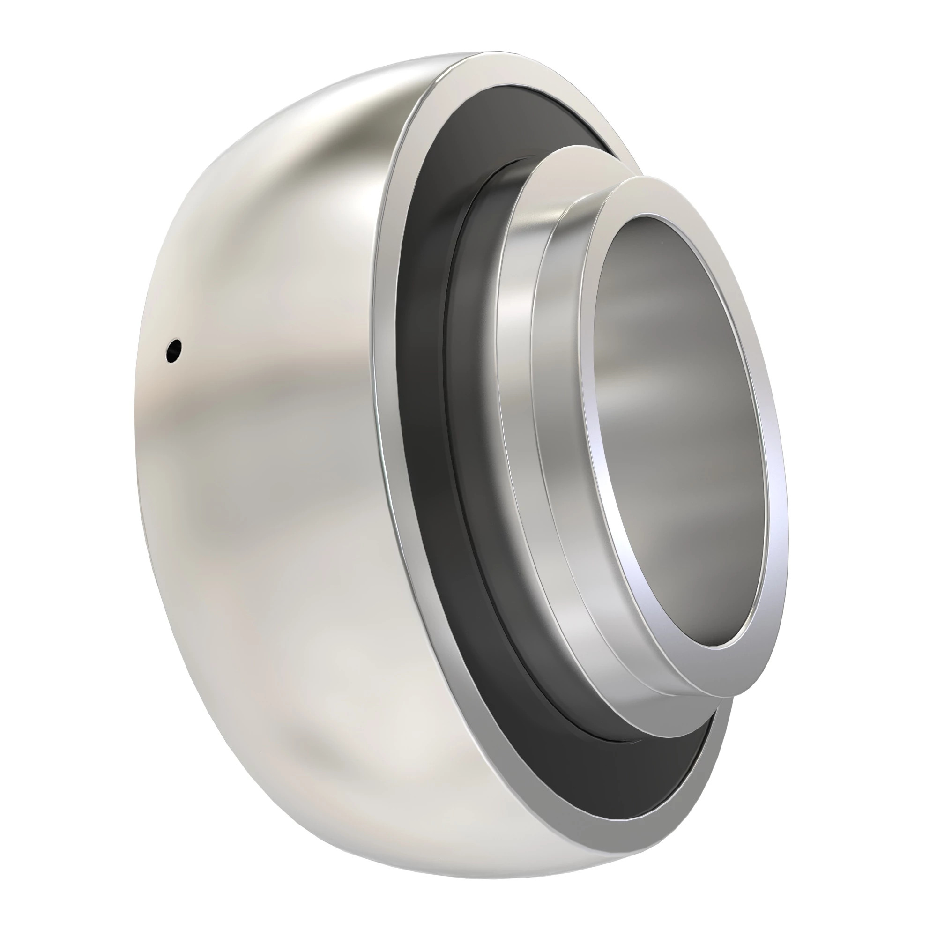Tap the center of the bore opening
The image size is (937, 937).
tap(681, 431)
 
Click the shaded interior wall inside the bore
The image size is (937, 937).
tap(645, 364)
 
